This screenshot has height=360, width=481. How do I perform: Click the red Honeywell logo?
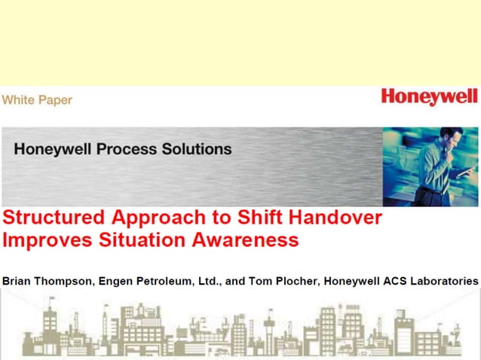point(428,97)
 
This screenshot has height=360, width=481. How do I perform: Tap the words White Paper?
point(37,99)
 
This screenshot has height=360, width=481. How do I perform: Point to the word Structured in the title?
point(54,219)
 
